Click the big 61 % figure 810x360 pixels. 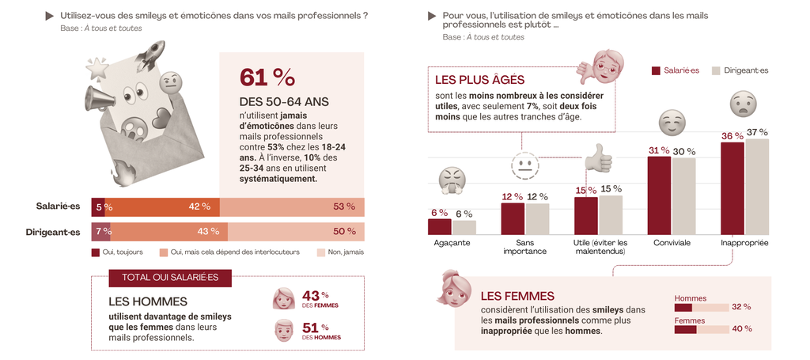[267, 78]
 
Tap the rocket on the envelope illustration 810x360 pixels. [150, 55]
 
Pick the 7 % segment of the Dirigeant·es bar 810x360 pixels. [100, 231]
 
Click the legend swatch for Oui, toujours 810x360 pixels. [96, 252]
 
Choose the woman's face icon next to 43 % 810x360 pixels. [283, 298]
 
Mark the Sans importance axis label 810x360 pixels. [524, 247]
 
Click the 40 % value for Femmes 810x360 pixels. [742, 328]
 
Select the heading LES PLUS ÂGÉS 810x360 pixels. [479, 80]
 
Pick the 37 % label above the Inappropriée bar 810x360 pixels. [757, 131]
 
